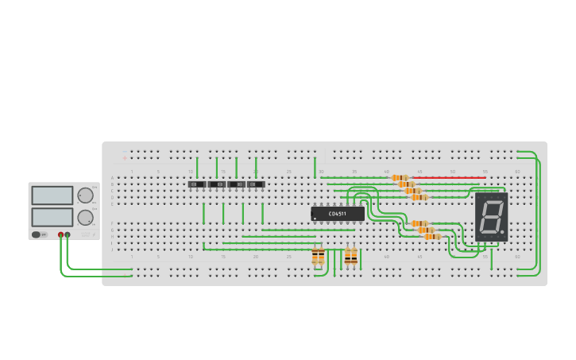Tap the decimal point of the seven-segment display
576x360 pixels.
point(502,232)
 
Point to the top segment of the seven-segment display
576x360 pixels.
point(493,202)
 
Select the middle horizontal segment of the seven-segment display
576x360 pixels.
point(491,216)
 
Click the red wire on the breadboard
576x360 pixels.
point(449,178)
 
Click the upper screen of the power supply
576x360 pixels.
point(52,195)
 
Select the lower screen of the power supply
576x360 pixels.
point(52,217)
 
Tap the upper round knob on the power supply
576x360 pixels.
point(85,195)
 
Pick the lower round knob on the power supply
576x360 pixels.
point(85,217)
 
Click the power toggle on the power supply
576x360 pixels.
point(37,234)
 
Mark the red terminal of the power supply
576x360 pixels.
point(60,234)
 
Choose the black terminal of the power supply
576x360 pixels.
point(68,234)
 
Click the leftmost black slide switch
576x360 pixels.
point(197,184)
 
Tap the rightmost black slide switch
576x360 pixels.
point(255,184)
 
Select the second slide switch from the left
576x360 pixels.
point(217,184)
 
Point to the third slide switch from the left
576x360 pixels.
point(236,184)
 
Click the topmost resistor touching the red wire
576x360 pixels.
point(400,178)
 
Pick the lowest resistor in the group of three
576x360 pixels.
point(433,236)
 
